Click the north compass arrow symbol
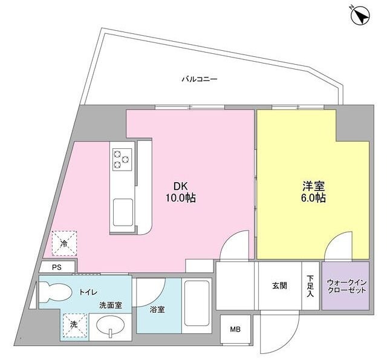pos(360,16)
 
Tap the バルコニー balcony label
pos(200,79)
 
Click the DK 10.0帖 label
pos(181,192)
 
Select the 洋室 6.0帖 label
pos(313,192)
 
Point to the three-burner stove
pos(122,160)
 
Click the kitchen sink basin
pos(123,212)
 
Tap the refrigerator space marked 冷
pos(64,243)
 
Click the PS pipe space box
pos(57,267)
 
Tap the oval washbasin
pos(111,326)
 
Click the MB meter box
pos(235,329)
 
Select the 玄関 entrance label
pos(279,286)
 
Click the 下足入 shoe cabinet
pos(310,286)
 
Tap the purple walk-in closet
pos(345,286)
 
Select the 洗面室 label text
pos(111,306)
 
